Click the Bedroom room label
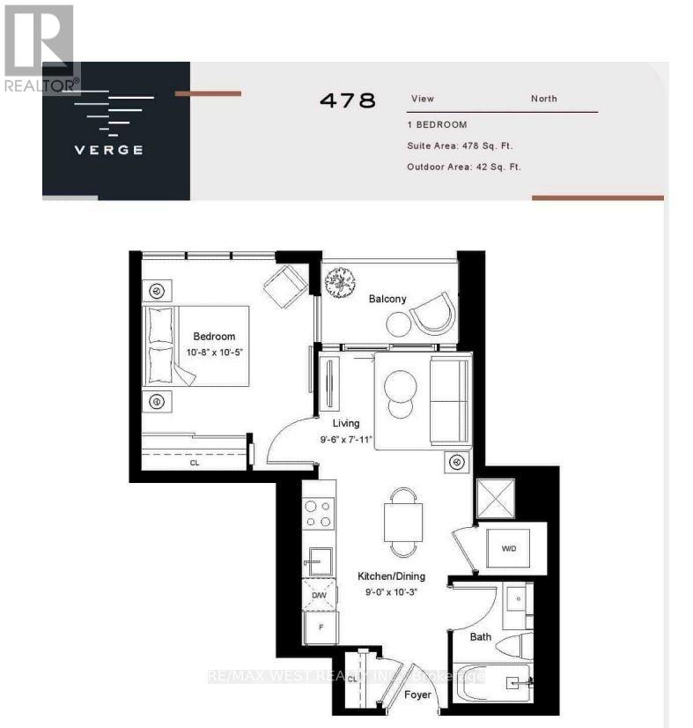coord(214,336)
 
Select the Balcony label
coord(387,299)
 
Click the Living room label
coord(345,423)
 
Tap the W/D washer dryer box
coord(509,548)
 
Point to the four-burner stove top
coord(319,514)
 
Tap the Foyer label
coord(417,695)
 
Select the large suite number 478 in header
coord(347,100)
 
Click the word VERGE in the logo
coord(108,149)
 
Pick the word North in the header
coord(543,99)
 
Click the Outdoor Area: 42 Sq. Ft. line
coord(464,167)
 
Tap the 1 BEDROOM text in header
coord(437,125)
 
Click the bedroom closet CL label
coord(194,461)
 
